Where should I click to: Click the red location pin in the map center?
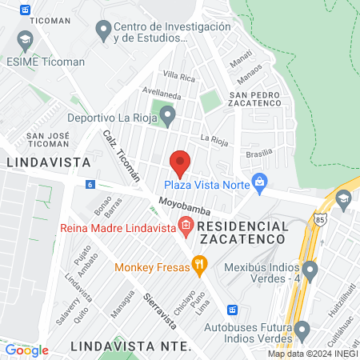click(x=180, y=163)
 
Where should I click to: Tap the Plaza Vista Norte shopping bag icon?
click(x=259, y=183)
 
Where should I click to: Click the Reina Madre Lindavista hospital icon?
click(x=186, y=226)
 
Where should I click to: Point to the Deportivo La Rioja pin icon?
click(x=166, y=117)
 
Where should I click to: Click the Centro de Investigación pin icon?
click(x=102, y=32)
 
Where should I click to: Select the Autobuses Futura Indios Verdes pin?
click(x=302, y=330)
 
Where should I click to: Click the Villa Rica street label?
click(x=178, y=77)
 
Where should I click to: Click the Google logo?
click(x=26, y=350)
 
